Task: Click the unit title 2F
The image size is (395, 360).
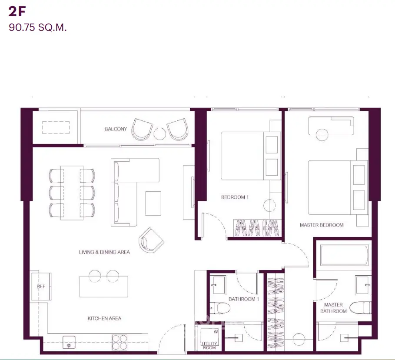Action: click(17, 12)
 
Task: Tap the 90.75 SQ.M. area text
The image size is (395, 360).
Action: click(37, 27)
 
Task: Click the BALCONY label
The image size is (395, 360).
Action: click(116, 129)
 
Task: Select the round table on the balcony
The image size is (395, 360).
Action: click(160, 133)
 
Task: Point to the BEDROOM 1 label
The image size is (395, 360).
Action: click(235, 197)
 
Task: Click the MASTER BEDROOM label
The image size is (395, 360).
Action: click(322, 225)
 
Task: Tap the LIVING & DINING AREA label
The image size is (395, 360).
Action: click(104, 252)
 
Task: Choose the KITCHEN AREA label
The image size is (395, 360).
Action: click(104, 318)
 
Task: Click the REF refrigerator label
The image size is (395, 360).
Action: click(41, 287)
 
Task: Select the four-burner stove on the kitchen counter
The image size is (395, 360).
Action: click(119, 342)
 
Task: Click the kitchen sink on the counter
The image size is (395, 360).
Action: click(69, 342)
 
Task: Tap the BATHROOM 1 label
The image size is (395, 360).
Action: click(244, 299)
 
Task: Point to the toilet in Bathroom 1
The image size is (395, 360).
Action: click(220, 308)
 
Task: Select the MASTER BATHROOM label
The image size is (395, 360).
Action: click(333, 308)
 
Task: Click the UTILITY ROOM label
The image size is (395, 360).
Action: click(209, 346)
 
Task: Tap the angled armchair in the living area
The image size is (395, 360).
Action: click(151, 240)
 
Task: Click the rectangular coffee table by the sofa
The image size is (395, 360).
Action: click(153, 203)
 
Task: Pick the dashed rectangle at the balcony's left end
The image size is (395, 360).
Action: click(56, 127)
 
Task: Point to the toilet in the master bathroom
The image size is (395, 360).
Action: click(360, 307)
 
